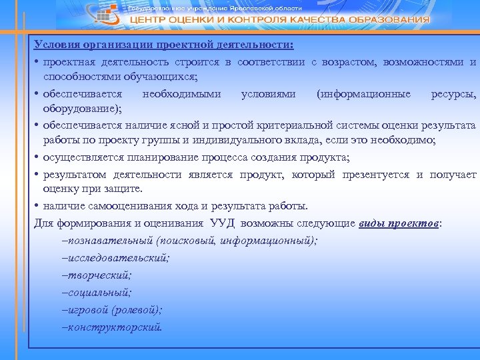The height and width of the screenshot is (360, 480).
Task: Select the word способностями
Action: click(79, 77)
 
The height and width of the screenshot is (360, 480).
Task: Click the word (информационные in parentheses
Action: click(364, 93)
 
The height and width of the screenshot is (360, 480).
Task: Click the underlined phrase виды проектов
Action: click(399, 223)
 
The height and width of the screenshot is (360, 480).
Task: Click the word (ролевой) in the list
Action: click(136, 310)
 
